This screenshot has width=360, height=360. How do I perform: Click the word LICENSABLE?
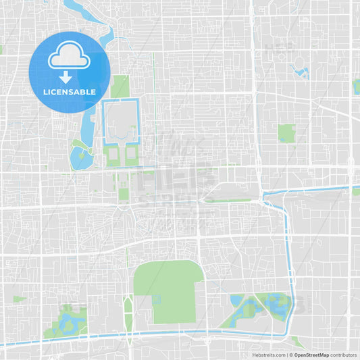tap(69, 92)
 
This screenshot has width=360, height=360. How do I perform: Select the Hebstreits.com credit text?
tap(269, 355)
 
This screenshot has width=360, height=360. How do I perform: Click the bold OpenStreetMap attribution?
tap(311, 355)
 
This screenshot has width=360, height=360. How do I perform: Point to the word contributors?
tap(344, 355)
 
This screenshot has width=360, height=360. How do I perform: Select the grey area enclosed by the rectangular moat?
tap(120, 122)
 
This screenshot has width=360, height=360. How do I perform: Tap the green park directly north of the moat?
tap(121, 86)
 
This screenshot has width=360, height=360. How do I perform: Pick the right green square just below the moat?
tap(130, 156)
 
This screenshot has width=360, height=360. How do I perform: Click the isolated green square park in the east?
tap(286, 133)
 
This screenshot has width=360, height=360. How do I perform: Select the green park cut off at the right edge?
tap(356, 86)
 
